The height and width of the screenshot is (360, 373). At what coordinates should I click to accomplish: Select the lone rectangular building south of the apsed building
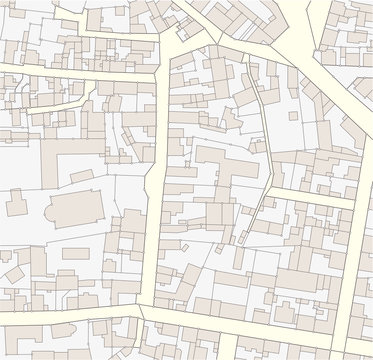pos(70,255)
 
